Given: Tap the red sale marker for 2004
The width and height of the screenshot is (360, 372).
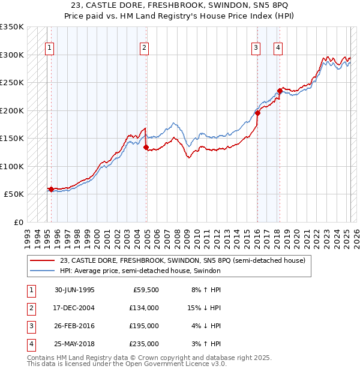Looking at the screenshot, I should coord(146,147).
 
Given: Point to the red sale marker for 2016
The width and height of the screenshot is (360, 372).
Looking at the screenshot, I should coord(257,113).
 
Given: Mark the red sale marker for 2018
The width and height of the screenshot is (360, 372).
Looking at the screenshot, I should coord(280,91).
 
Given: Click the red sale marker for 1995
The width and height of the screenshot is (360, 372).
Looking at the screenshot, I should coord(51,189).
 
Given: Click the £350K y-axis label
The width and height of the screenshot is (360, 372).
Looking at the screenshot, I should coord(12,27).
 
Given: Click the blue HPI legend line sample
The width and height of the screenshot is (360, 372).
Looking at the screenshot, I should coord(43,271).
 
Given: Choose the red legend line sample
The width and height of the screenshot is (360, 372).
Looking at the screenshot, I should coord(43,260).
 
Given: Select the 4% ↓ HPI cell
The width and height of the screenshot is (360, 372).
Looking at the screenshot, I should coord(206,326).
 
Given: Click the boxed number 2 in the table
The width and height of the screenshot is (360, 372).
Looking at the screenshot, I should coord(30,308).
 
